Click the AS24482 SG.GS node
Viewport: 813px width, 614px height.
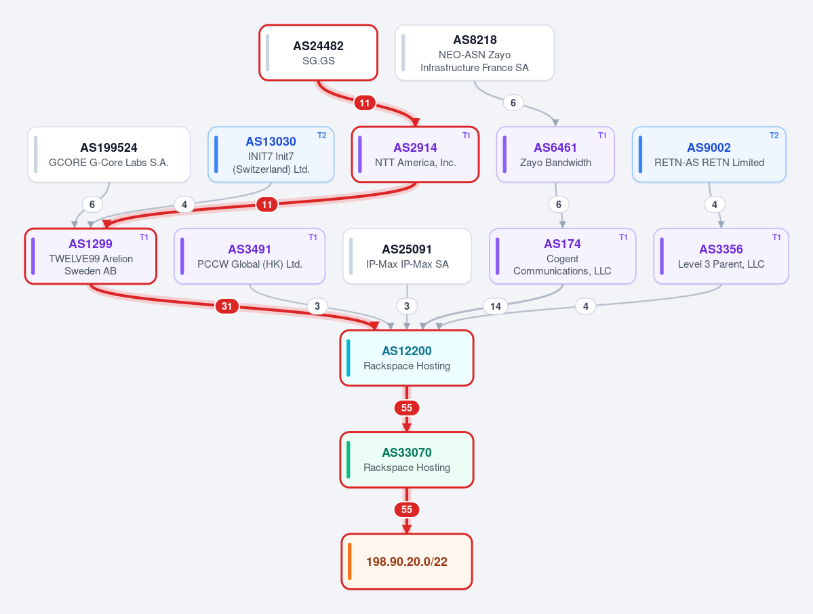319,53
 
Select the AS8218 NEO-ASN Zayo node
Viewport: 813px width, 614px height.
475,53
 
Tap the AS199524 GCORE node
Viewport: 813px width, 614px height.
109,155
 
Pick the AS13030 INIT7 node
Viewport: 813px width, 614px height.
271,155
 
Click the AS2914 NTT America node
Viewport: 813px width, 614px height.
415,155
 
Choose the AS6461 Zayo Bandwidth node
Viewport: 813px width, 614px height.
555,155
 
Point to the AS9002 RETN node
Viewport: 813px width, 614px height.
709,155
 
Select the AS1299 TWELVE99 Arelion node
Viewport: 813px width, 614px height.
91,256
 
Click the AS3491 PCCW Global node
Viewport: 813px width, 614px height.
250,256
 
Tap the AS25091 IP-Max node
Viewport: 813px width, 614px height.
407,256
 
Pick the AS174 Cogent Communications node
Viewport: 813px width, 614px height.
563,256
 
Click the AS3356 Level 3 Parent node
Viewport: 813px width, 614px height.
721,256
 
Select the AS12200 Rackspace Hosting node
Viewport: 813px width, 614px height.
407,358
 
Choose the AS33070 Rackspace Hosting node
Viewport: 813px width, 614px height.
407,459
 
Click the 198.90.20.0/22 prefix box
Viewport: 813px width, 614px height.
407,562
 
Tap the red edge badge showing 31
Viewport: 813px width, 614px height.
227,306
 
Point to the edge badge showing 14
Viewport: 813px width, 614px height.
496,306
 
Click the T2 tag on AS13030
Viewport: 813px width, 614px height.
322,136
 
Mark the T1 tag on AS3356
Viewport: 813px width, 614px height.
776,237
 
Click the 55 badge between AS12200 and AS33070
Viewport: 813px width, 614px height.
407,408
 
